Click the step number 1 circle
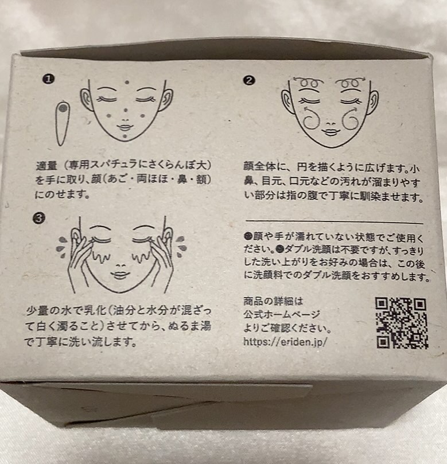click(49, 79)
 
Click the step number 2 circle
click(248, 80)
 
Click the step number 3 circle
click(39, 219)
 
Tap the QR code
click(402, 323)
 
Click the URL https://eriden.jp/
click(285, 342)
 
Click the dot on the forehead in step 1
click(127, 82)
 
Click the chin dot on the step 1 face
click(125, 136)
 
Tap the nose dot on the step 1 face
click(126, 110)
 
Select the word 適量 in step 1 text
click(46, 165)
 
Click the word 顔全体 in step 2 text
click(259, 166)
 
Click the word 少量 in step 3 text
click(37, 310)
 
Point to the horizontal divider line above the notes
click(335, 221)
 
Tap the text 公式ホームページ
click(282, 314)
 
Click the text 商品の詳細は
click(273, 301)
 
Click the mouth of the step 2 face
click(329, 132)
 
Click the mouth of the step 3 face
click(120, 275)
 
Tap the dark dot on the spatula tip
click(63, 108)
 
